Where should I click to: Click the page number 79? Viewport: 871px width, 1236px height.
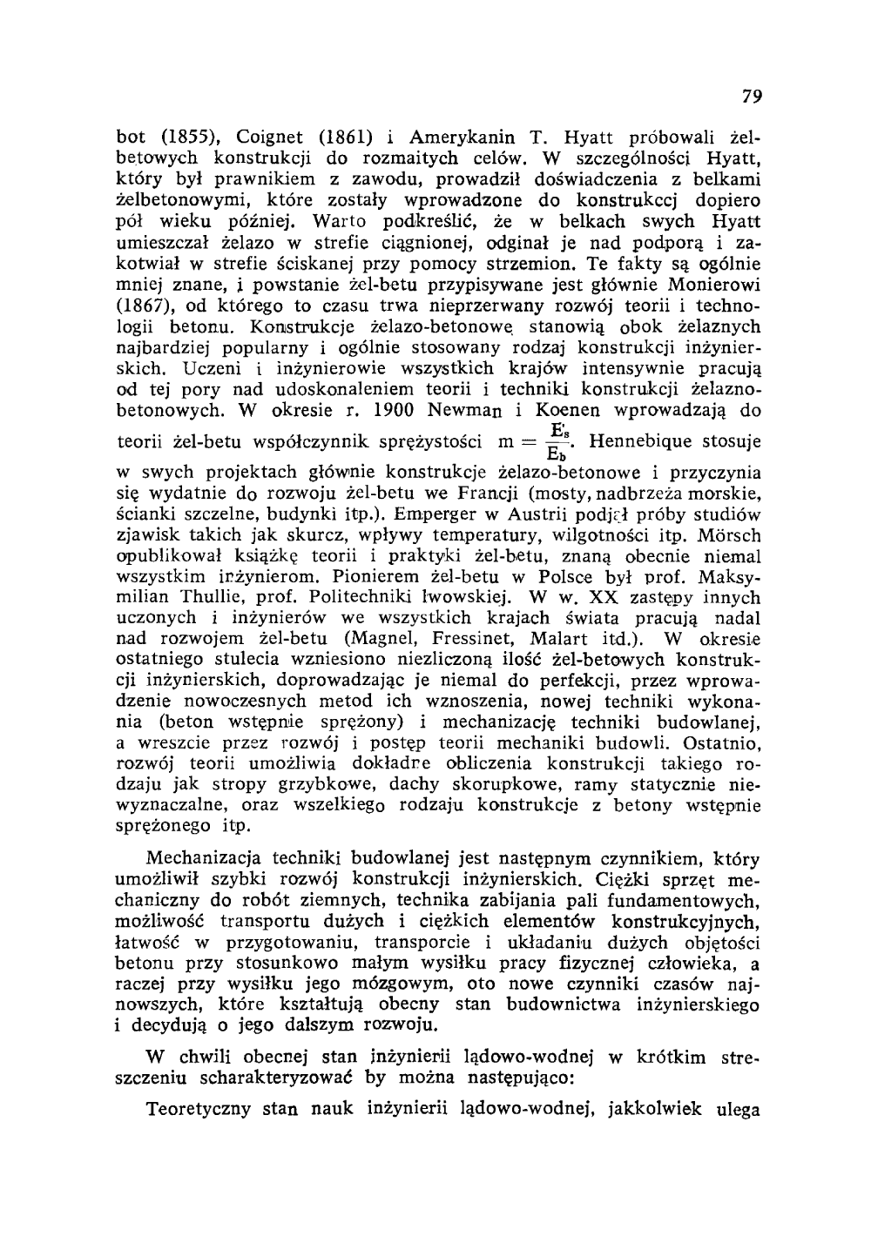point(753,97)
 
